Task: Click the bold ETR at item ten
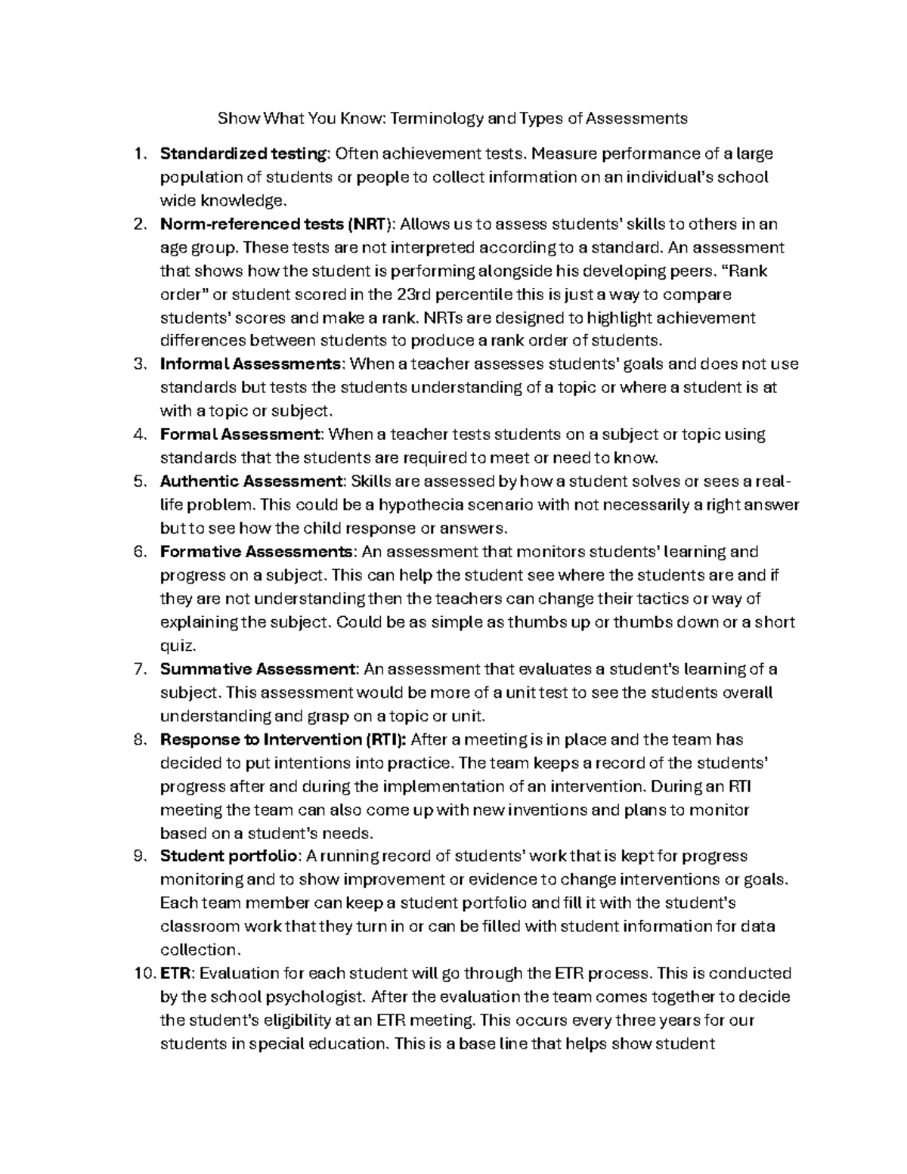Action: point(175,973)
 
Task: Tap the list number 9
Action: point(138,856)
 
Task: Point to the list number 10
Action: point(142,973)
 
